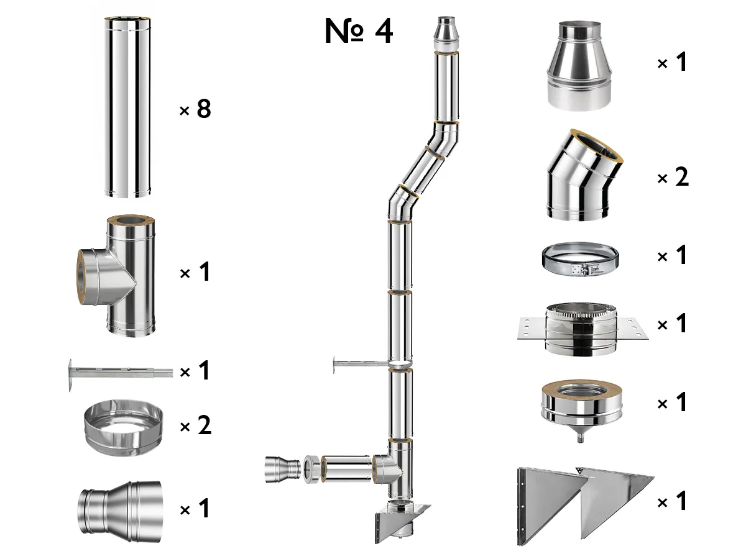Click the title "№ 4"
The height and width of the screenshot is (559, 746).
[x=359, y=32]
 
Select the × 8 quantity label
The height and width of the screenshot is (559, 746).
[x=195, y=109]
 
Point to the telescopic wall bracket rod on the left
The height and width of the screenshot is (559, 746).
[x=118, y=373]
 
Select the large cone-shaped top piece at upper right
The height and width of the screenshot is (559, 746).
[x=580, y=65]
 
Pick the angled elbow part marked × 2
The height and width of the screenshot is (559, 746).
[x=582, y=177]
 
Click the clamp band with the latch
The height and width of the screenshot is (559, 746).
[x=581, y=258]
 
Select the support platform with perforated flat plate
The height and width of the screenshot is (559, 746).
[x=581, y=329]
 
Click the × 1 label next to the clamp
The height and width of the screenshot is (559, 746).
[x=673, y=255]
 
